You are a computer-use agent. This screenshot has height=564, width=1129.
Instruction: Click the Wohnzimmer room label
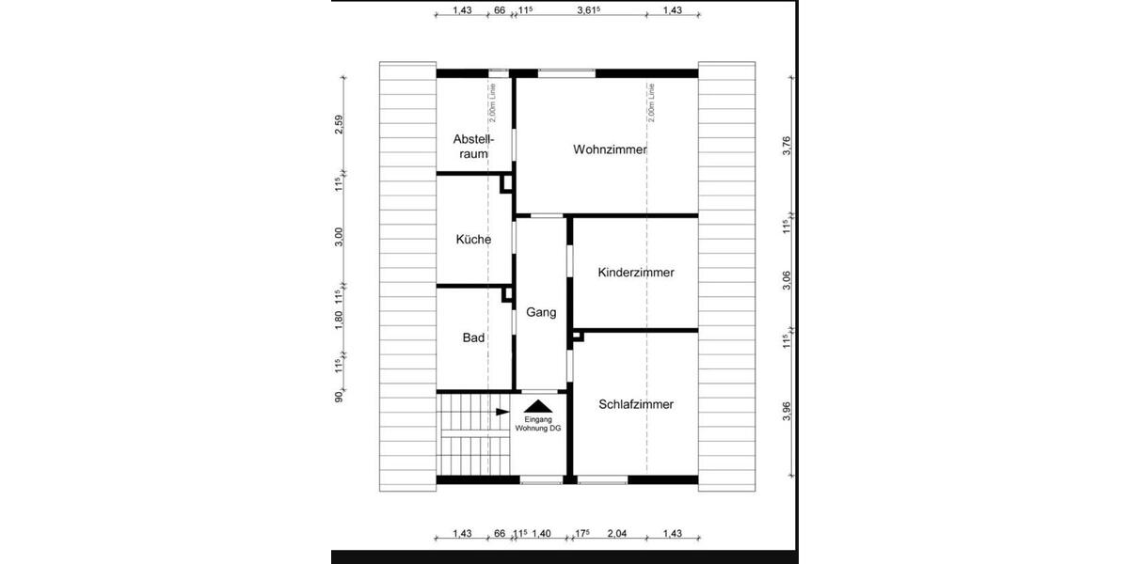click(611, 149)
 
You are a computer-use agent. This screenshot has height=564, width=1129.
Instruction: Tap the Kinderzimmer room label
click(636, 273)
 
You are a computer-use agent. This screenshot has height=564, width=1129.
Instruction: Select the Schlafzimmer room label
click(636, 404)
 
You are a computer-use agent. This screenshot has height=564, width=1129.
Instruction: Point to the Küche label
click(473, 240)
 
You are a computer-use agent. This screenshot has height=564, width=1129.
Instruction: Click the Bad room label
click(473, 337)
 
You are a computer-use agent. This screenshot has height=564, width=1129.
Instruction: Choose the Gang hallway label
click(541, 312)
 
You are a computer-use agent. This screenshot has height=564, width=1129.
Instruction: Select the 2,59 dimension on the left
click(340, 124)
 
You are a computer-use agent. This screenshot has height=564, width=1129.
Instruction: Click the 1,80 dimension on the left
click(340, 321)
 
